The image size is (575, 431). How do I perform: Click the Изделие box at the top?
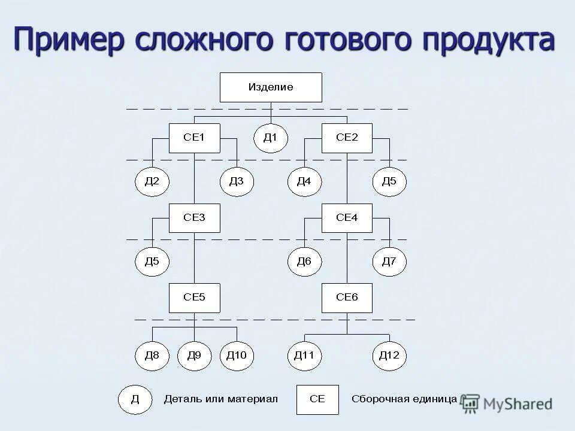pyautogui.click(x=271, y=87)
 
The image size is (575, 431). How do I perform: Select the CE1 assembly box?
pyautogui.click(x=194, y=138)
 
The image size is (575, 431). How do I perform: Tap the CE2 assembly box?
pyautogui.click(x=347, y=138)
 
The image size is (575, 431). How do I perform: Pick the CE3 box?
pyautogui.click(x=194, y=218)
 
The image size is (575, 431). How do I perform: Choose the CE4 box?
pyautogui.click(x=347, y=218)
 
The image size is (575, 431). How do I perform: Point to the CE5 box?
pyautogui.click(x=194, y=298)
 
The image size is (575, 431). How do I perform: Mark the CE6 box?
pyautogui.click(x=347, y=298)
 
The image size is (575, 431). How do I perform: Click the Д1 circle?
pyautogui.click(x=271, y=138)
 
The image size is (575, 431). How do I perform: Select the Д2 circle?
pyautogui.click(x=152, y=181)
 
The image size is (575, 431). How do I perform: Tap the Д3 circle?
pyautogui.click(x=237, y=181)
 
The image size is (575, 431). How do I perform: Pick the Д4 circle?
pyautogui.click(x=305, y=181)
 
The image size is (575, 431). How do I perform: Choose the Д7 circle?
pyautogui.click(x=389, y=262)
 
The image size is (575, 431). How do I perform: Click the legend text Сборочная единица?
pyautogui.click(x=404, y=399)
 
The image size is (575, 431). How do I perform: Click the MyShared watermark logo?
pyautogui.click(x=507, y=404)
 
